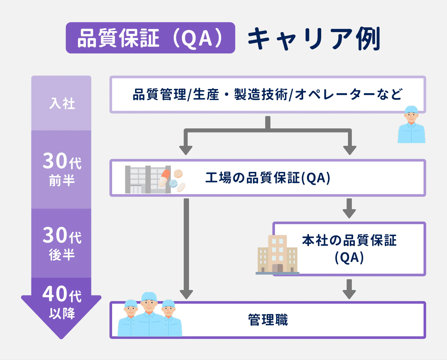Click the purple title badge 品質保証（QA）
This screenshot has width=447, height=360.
pyautogui.click(x=150, y=38)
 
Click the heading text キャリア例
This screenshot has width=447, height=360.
pyautogui.click(x=314, y=39)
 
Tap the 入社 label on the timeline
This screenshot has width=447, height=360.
pyautogui.click(x=62, y=103)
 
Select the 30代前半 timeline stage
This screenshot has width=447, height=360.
pyautogui.click(x=62, y=169)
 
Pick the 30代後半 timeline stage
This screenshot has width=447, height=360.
pyautogui.click(x=62, y=243)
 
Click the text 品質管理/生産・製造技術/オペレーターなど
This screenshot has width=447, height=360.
pyautogui.click(x=267, y=94)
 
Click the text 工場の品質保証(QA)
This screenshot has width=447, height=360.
pyautogui.click(x=268, y=178)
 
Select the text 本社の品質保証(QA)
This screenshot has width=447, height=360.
pyautogui.click(x=349, y=249)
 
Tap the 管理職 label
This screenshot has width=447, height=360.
pyautogui.click(x=268, y=320)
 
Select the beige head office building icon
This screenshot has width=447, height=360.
pyautogui.click(x=277, y=255)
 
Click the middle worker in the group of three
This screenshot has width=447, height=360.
pyautogui.click(x=149, y=314)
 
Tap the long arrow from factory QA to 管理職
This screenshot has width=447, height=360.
pyautogui.click(x=186, y=249)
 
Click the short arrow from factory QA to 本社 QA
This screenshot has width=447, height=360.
pyautogui.click(x=349, y=208)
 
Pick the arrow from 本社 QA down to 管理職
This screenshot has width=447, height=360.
pyautogui.click(x=349, y=289)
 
